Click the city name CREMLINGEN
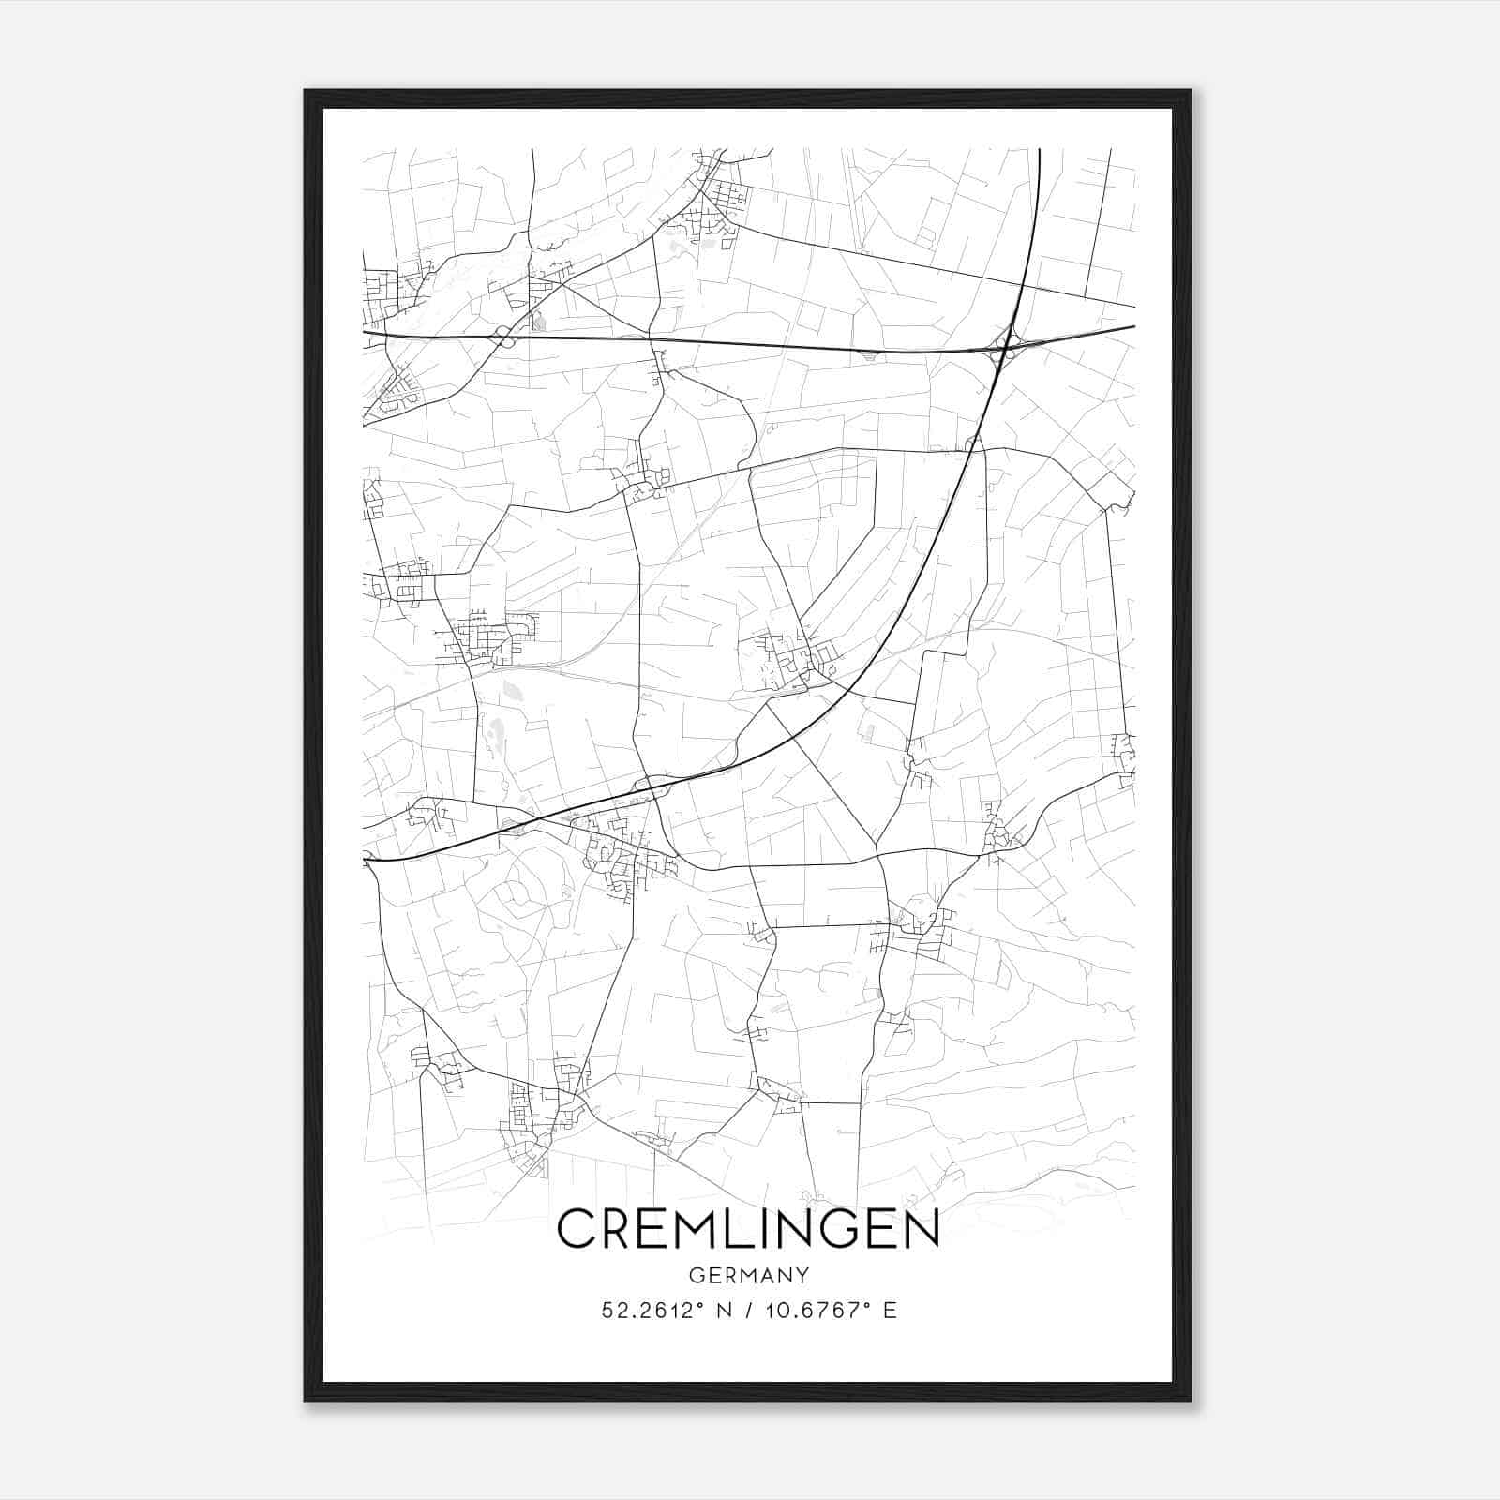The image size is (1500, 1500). click(x=748, y=1228)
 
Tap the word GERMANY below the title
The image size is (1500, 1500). click(x=748, y=1275)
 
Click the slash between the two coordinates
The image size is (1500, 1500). click(x=747, y=1311)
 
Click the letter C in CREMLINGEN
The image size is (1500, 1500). click(x=578, y=1228)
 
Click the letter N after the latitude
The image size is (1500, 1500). click(x=722, y=1311)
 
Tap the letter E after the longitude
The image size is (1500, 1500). click(x=890, y=1311)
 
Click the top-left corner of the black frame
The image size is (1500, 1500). click(x=306, y=91)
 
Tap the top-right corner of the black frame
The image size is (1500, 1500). click(x=1191, y=91)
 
